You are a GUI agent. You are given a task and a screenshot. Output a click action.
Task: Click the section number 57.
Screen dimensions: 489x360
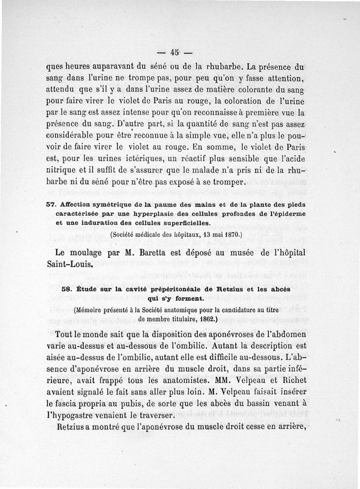[50, 204]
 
